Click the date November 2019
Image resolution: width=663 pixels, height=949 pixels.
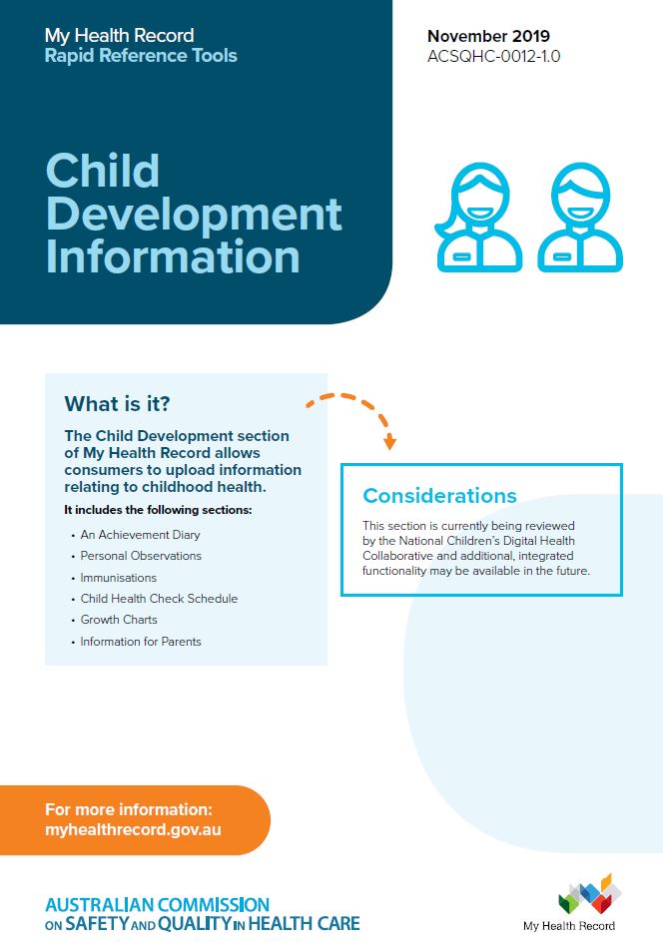(489, 37)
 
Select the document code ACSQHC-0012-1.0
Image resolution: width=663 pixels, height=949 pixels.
(493, 56)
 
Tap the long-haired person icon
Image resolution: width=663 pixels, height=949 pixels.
(477, 218)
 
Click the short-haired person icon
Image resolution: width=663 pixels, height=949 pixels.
(580, 218)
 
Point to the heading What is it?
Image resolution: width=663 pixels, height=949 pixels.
(117, 404)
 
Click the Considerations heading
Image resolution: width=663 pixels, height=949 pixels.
(439, 496)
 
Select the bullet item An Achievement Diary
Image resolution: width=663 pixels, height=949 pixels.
(140, 535)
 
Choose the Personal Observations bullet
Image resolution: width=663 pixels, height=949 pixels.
(141, 556)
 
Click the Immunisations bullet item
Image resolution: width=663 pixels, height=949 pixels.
(118, 578)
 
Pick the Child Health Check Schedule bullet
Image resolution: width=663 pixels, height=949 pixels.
(159, 599)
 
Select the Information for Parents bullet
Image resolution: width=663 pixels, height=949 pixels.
(141, 642)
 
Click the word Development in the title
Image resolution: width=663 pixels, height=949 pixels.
(194, 214)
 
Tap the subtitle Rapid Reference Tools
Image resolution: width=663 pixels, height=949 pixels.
(141, 56)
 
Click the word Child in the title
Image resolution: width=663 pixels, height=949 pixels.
(102, 171)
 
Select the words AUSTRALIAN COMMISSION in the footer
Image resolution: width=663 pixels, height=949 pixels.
(157, 905)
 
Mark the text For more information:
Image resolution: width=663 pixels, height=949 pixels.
(129, 810)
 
